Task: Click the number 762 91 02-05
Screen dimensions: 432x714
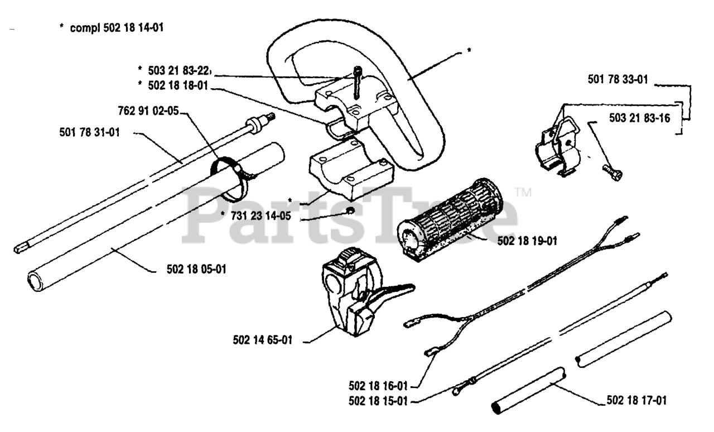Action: (148, 111)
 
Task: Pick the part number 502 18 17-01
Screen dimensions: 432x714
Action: (636, 400)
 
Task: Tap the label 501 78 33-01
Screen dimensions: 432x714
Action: (617, 80)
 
